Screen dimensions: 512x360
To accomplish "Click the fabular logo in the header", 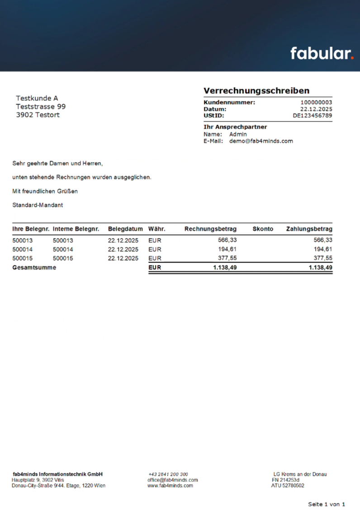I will pyautogui.click(x=322, y=53).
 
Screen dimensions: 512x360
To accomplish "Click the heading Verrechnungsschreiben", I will pyautogui.click(x=256, y=91).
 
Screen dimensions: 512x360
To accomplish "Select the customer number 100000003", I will pyautogui.click(x=316, y=103).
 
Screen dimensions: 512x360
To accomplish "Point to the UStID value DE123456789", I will pyautogui.click(x=312, y=116).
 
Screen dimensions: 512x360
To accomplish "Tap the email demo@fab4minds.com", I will pyautogui.click(x=261, y=141).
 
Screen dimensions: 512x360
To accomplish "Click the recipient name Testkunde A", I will pyautogui.click(x=37, y=98).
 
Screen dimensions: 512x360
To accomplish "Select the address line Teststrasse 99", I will pyautogui.click(x=41, y=107).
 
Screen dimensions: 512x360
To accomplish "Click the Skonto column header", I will pyautogui.click(x=263, y=229).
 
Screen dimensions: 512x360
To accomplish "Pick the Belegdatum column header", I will pyautogui.click(x=125, y=229).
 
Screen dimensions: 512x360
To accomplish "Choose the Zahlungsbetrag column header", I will pyautogui.click(x=309, y=229).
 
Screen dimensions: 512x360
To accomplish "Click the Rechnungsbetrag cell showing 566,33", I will pyautogui.click(x=227, y=240).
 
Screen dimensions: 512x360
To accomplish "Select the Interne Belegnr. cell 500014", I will pyautogui.click(x=63, y=249).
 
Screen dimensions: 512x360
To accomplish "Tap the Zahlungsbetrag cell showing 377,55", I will pyautogui.click(x=323, y=258).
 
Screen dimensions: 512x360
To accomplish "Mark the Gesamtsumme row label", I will pyautogui.click(x=34, y=268).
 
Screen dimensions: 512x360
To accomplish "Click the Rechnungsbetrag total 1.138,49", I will pyautogui.click(x=225, y=268).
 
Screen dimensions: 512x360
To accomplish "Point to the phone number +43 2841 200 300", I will pyautogui.click(x=168, y=474).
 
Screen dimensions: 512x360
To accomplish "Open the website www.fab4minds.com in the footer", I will pyautogui.click(x=170, y=486).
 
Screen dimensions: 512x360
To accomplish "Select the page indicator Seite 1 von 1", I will pyautogui.click(x=327, y=504).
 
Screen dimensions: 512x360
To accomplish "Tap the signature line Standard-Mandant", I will pyautogui.click(x=38, y=205).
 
